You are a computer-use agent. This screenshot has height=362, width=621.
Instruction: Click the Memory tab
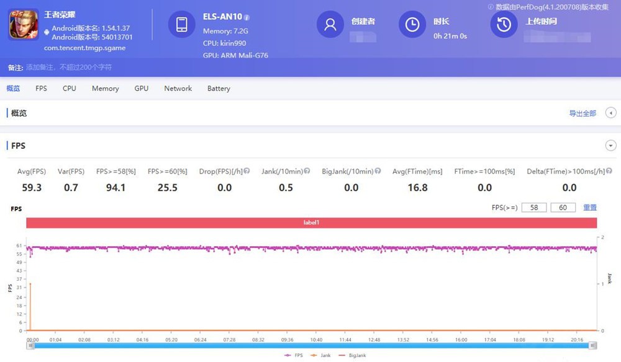tap(105, 89)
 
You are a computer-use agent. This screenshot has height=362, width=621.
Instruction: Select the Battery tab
tap(219, 89)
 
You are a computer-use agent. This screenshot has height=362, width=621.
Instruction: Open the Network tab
tap(178, 89)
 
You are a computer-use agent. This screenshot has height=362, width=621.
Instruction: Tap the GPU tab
tap(142, 89)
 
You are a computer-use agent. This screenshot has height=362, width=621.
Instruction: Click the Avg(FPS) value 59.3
tap(31, 187)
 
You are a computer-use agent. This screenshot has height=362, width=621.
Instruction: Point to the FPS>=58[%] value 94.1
tap(116, 187)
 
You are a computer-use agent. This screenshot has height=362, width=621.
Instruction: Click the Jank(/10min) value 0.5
tap(286, 187)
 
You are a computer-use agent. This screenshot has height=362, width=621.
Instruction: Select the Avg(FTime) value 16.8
tap(417, 187)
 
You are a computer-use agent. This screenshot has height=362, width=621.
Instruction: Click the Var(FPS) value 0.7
tap(71, 187)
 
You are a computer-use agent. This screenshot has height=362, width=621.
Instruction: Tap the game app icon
tap(24, 25)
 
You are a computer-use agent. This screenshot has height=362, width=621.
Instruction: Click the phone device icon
tap(182, 24)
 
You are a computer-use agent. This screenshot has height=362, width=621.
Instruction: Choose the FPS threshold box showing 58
tap(534, 208)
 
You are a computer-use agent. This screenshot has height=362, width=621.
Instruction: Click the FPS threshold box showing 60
tap(563, 208)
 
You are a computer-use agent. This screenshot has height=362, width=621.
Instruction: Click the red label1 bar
tap(311, 223)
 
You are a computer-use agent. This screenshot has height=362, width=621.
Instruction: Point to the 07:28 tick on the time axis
tap(229, 340)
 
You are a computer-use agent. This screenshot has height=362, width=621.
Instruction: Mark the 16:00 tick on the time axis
tap(461, 340)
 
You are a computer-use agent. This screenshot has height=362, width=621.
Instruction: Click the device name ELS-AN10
tap(222, 17)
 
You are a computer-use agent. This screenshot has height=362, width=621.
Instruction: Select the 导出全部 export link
tap(582, 113)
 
